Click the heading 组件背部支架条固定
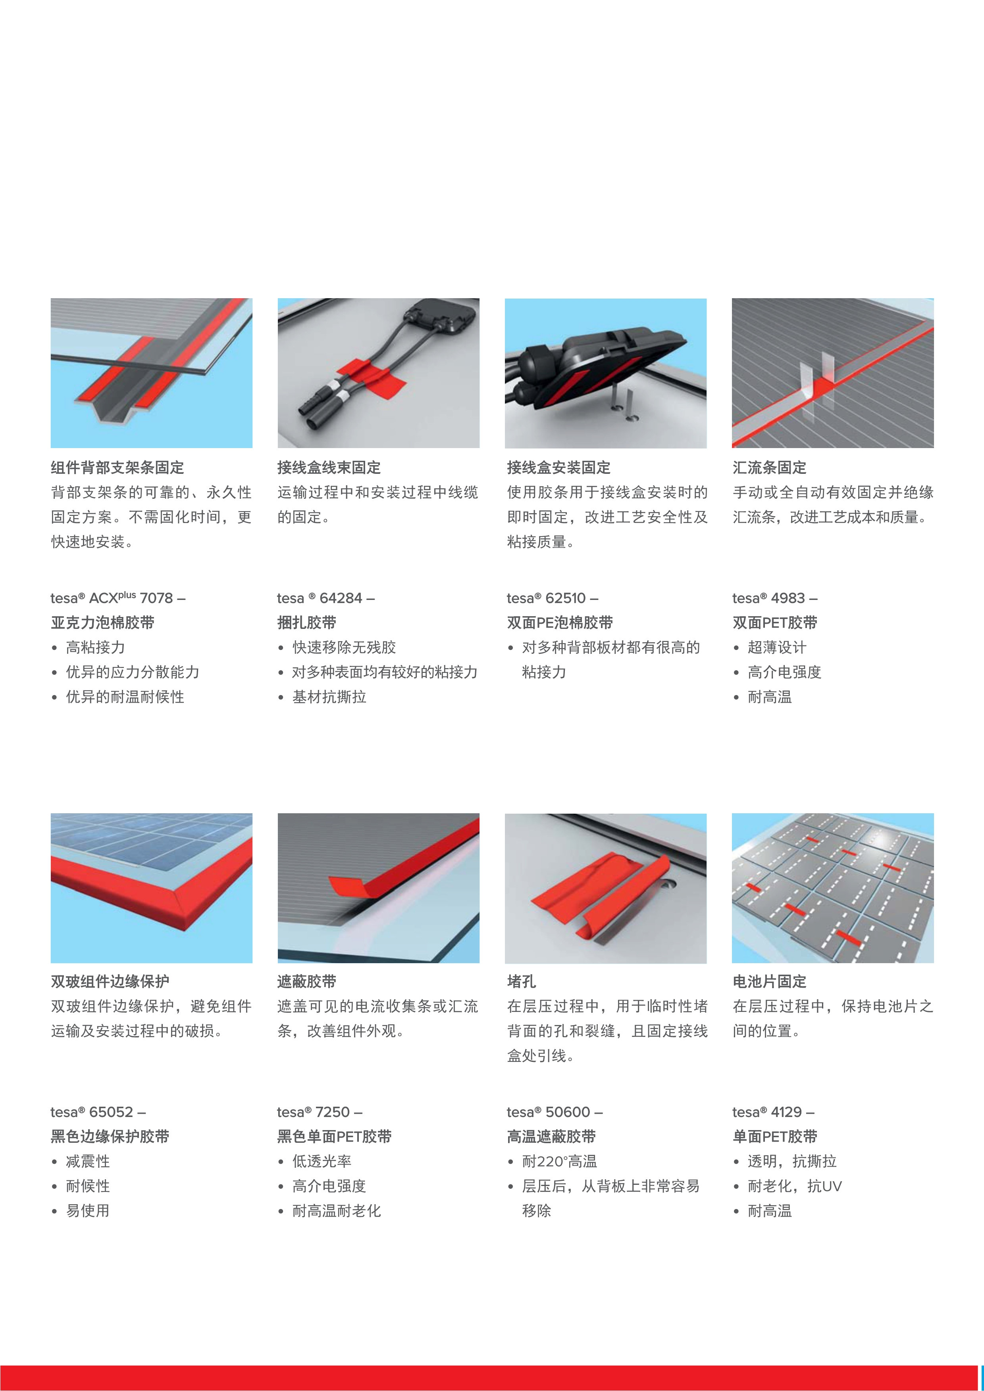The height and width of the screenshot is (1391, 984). [x=117, y=468]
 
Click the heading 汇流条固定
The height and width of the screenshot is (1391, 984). [x=769, y=468]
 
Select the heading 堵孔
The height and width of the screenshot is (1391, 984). [x=522, y=981]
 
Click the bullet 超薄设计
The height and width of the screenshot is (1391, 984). [x=777, y=647]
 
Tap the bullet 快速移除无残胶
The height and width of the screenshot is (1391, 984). [x=344, y=647]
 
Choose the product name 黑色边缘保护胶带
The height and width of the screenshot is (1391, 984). [x=110, y=1136]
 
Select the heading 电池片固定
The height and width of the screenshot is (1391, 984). [x=769, y=981]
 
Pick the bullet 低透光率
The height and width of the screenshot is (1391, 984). [x=322, y=1161]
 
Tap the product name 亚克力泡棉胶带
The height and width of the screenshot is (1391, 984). [x=102, y=623]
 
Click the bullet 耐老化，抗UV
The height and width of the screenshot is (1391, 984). [x=795, y=1186]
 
